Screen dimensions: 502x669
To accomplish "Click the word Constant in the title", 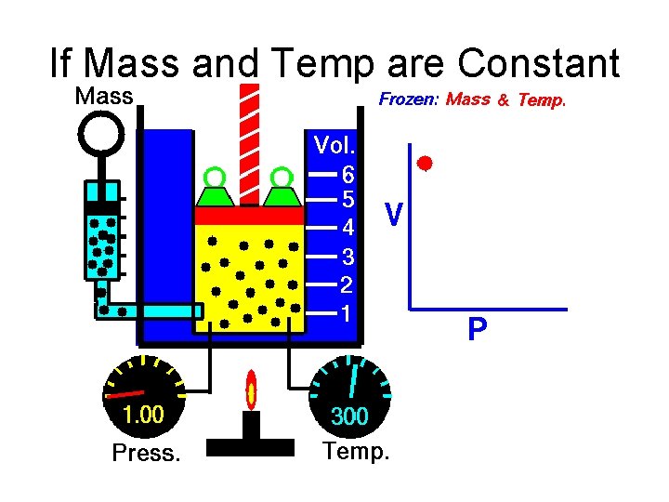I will pos(538,64).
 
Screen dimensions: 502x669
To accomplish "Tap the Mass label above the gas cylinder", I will pos(103,96).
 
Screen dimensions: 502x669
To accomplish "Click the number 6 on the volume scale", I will pos(348,174).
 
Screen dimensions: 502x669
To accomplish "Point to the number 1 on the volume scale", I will pos(346,313).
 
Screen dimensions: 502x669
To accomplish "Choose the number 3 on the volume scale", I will pos(347,255).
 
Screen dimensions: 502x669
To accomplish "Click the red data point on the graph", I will pos(426,165).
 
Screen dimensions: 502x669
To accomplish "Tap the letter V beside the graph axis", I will pos(394,216).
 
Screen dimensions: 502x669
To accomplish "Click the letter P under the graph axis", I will pos(477,330).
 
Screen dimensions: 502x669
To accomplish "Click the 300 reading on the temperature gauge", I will pos(349,417).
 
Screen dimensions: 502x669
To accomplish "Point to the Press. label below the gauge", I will pos(144,454).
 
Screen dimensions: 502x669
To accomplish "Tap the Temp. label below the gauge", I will pos(356,453).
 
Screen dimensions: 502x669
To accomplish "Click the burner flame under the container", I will pos(250,390).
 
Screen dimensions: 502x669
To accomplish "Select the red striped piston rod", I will pos(249,139).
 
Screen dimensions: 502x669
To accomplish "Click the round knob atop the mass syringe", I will pos(100,134).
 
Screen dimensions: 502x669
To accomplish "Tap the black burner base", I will pos(250,444).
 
